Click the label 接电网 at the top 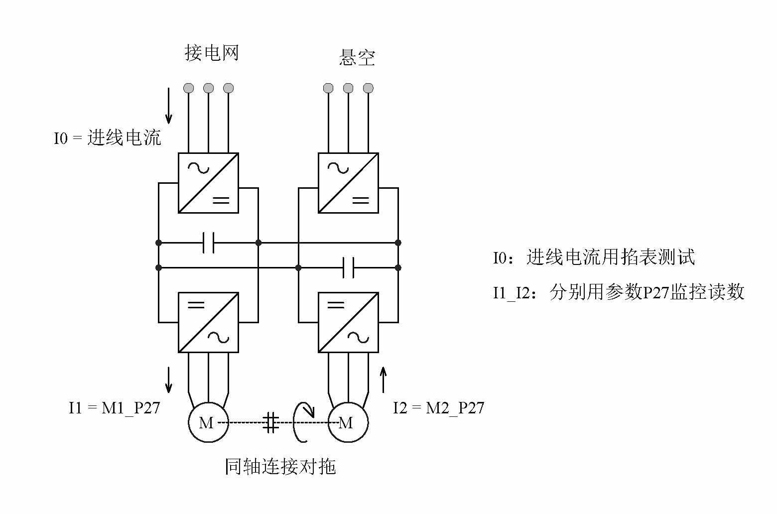212,53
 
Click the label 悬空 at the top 357,58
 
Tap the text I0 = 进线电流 108,138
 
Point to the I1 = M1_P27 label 115,408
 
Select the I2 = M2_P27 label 438,408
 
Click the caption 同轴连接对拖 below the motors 280,467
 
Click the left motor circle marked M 208,422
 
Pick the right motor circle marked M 348,422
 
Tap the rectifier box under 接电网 208,183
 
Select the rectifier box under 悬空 348,183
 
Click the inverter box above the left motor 208,322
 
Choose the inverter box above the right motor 348,322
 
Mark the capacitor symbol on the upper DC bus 209,243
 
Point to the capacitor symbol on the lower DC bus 349,267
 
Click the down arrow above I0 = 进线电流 169,106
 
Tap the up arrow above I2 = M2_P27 383,380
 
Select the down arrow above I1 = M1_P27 169,380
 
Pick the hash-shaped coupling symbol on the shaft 271,422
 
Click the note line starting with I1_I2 619,292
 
